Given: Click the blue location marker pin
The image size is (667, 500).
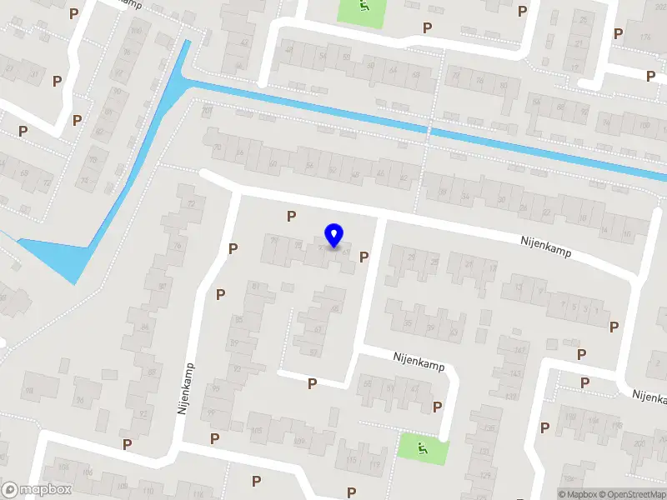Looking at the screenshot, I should [334, 236].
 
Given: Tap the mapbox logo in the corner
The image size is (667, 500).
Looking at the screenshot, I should [38, 490].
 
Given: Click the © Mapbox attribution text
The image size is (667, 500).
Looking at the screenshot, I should [578, 494].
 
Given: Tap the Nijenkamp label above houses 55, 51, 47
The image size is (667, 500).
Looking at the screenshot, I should [419, 361].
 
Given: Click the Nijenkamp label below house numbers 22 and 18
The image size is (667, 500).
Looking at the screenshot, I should [547, 247].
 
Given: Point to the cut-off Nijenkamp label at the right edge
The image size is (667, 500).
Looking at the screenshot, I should [649, 394].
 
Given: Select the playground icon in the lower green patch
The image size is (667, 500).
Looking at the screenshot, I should [423, 450].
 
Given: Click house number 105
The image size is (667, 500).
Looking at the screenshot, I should [256, 431].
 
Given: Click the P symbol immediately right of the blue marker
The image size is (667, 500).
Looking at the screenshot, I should [363, 257].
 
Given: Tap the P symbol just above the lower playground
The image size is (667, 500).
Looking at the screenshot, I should [437, 407].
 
